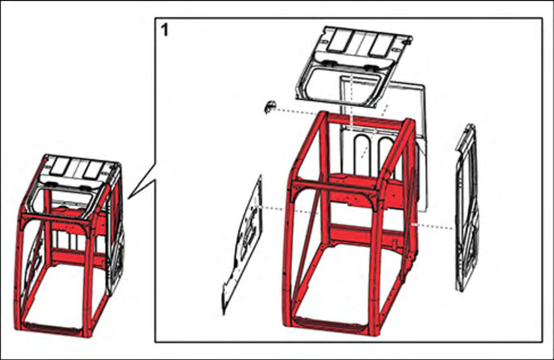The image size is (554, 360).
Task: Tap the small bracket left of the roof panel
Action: point(268,107)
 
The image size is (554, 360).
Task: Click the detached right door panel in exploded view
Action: point(467,207)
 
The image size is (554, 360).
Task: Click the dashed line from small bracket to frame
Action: point(294,111)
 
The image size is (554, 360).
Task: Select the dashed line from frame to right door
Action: point(433,226)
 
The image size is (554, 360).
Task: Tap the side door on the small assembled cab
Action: point(116,240)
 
